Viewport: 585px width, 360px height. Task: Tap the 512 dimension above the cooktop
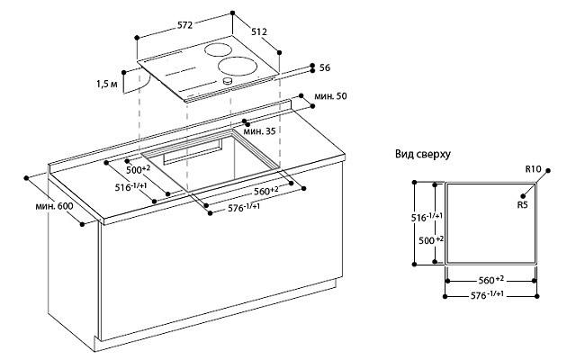point(259,31)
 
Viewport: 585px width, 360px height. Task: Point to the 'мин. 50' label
point(330,96)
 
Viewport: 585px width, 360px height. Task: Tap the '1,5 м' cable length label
point(106,85)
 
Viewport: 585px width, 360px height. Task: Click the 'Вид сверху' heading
point(423,155)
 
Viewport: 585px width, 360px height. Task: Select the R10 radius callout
point(535,168)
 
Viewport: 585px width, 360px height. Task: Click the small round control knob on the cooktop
point(228,81)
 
